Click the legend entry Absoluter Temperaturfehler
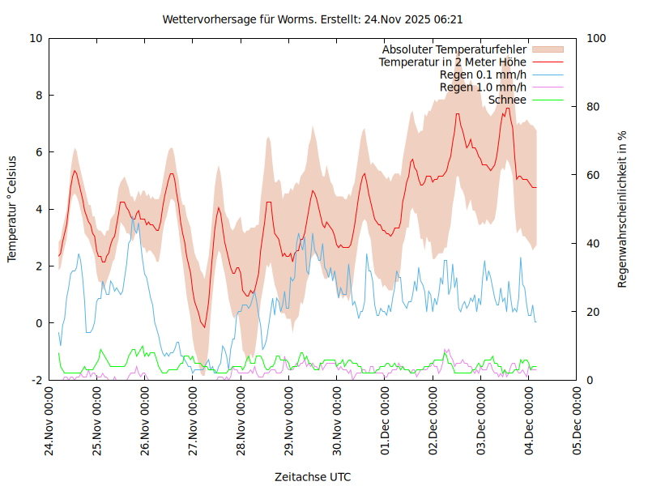454,49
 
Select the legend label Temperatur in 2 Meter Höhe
453,62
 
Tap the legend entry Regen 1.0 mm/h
483,87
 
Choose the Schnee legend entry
507,100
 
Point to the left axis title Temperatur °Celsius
12,209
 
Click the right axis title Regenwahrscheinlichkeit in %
622,209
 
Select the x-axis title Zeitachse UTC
313,476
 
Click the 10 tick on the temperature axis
36,38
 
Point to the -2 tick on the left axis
36,380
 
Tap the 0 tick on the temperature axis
39,323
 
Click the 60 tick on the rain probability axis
592,175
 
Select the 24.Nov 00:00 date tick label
49,421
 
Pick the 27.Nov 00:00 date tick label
194,421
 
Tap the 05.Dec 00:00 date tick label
578,421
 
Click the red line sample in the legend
547,62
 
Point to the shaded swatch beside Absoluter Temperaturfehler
547,49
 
